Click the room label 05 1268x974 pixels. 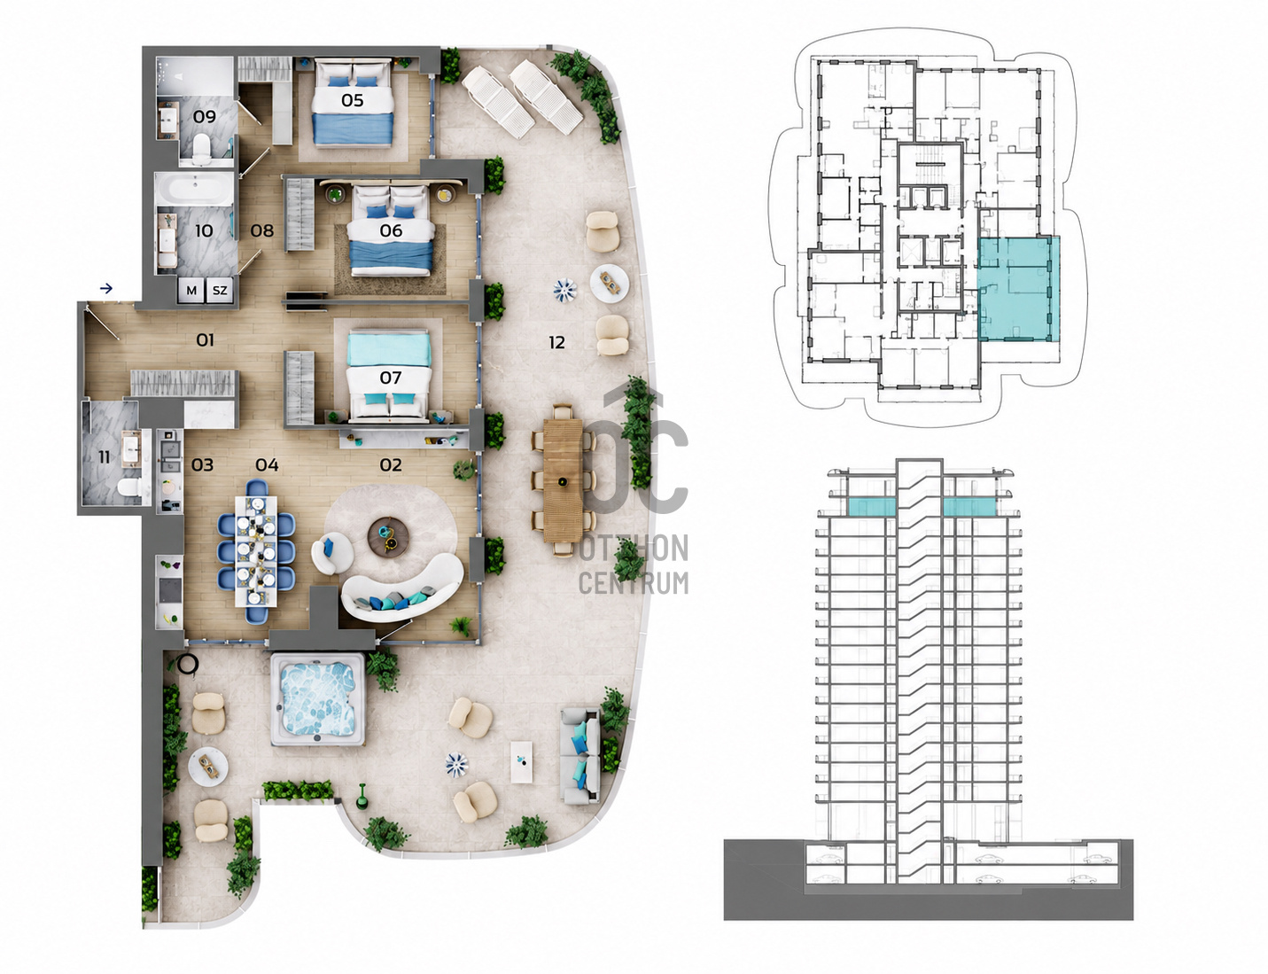pos(352,100)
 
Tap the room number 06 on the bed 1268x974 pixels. pos(391,230)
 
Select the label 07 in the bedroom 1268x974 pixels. pos(391,378)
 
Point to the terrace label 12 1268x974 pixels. pos(556,343)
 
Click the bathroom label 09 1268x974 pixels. pos(204,117)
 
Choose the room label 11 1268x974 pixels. pos(104,457)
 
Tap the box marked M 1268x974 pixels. pos(191,290)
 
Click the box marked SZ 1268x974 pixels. pos(220,290)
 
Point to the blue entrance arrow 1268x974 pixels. pos(105,288)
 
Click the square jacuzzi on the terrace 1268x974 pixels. pos(318,698)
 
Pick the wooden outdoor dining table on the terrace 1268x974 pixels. pos(563,480)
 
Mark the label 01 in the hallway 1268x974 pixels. pos(205,340)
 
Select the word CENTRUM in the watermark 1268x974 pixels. pos(634,583)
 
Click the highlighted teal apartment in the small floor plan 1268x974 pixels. pos(1018,289)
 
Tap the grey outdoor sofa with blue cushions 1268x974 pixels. pos(580,756)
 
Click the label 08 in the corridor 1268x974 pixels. pos(262,230)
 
